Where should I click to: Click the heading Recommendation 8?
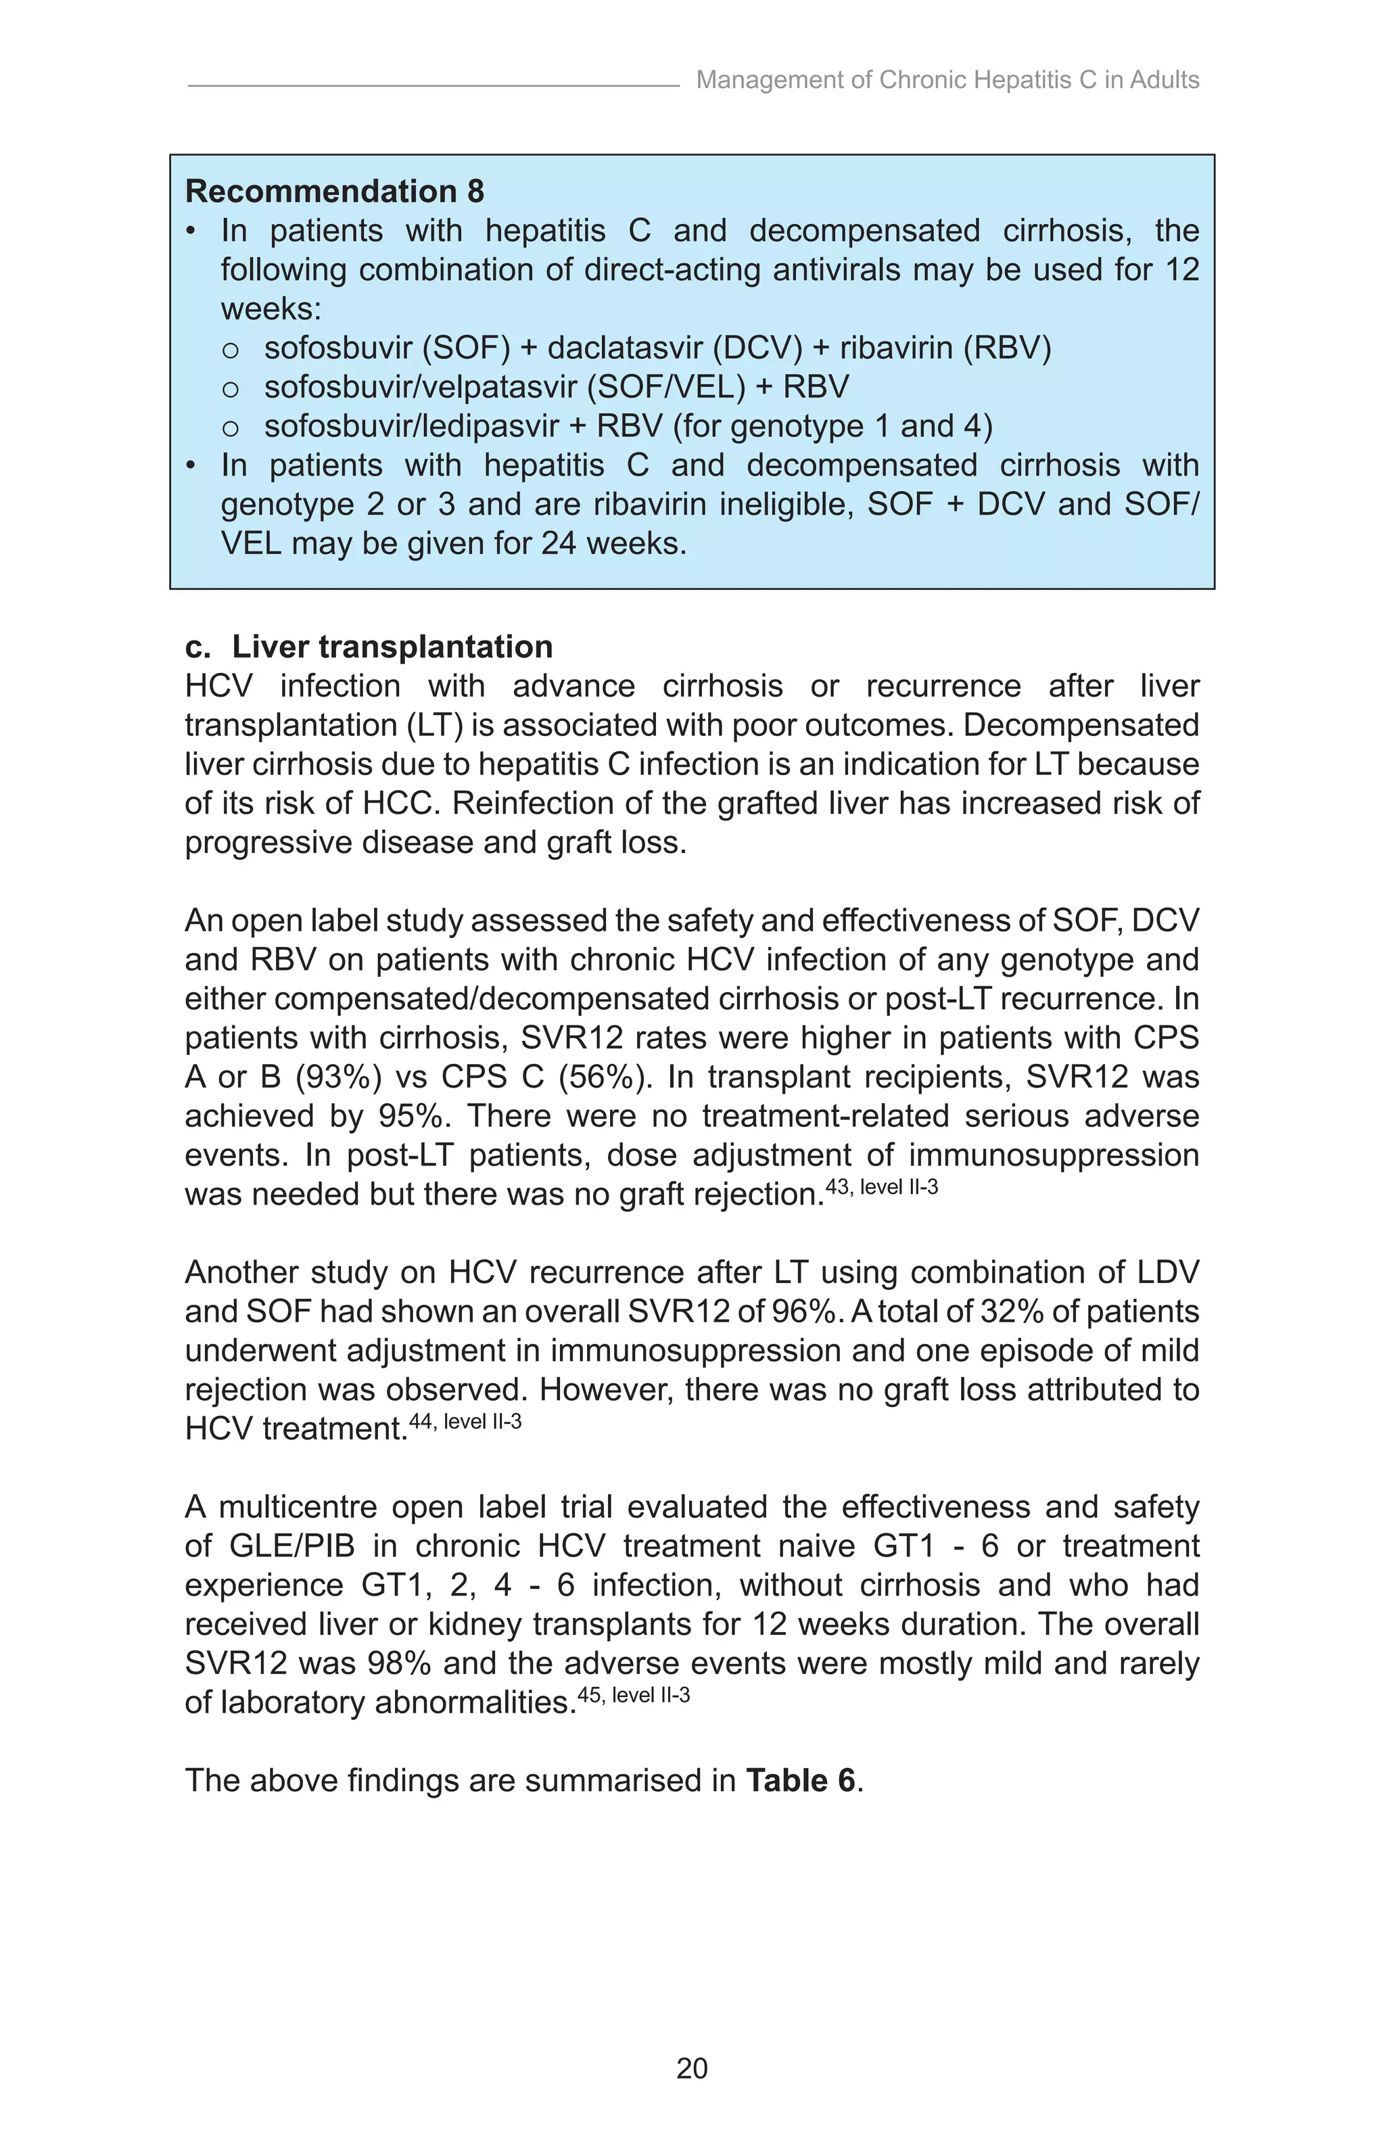click(x=333, y=191)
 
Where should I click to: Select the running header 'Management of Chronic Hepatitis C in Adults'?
click(x=947, y=80)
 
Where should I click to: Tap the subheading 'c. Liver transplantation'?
click(x=369, y=647)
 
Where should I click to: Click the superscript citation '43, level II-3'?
click(x=881, y=1187)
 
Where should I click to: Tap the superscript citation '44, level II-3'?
click(x=465, y=1421)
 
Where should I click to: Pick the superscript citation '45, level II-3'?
click(x=633, y=1694)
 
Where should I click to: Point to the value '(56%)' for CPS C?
click(x=605, y=1077)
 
